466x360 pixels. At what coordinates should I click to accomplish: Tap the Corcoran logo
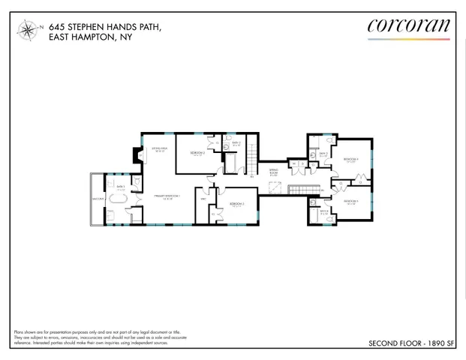[x=409, y=25]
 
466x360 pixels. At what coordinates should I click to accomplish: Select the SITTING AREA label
[x=159, y=150]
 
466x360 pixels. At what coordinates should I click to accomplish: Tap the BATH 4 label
[x=323, y=211]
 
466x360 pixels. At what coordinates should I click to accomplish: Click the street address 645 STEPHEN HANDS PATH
[x=104, y=27]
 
